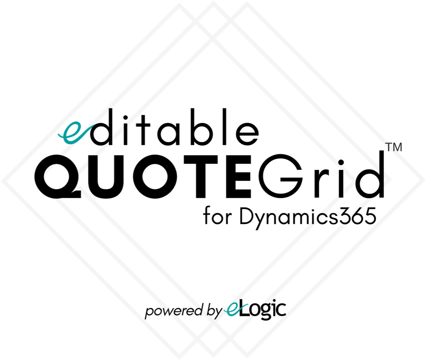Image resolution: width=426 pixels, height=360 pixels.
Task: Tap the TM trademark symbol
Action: point(394,147)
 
